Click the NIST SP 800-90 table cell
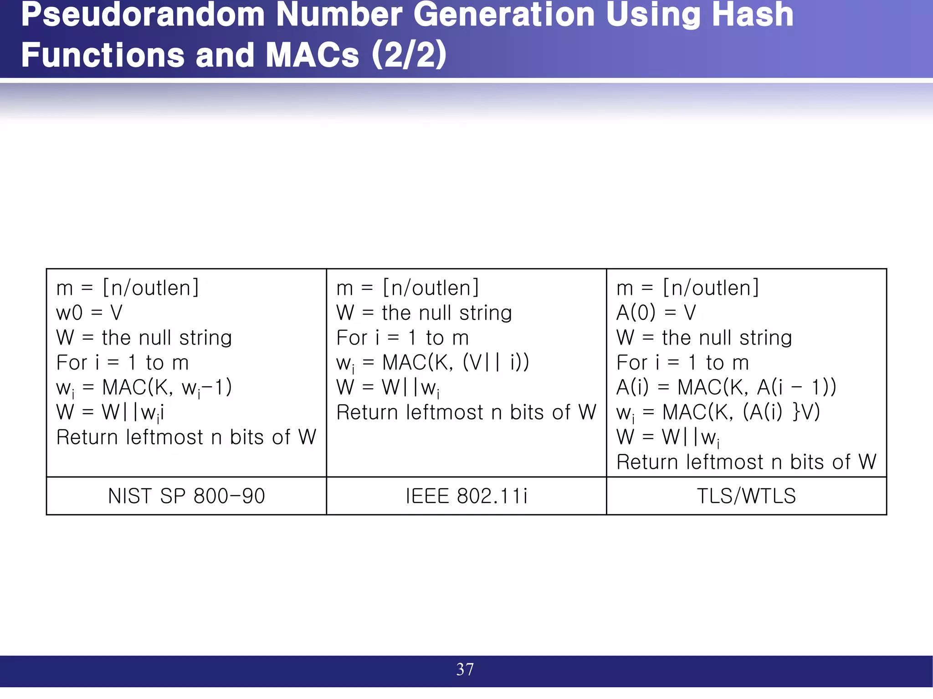point(186,496)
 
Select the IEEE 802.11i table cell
point(466,496)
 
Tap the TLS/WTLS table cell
point(746,496)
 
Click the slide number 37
point(465,669)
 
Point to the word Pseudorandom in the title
point(143,15)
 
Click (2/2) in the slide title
point(409,56)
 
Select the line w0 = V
point(89,313)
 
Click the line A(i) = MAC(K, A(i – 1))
point(726,388)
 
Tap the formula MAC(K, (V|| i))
point(456,363)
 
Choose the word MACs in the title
point(313,56)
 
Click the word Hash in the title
point(753,15)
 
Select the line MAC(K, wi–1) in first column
point(167,388)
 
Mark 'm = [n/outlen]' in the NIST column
point(128,288)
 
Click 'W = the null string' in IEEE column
point(424,313)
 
